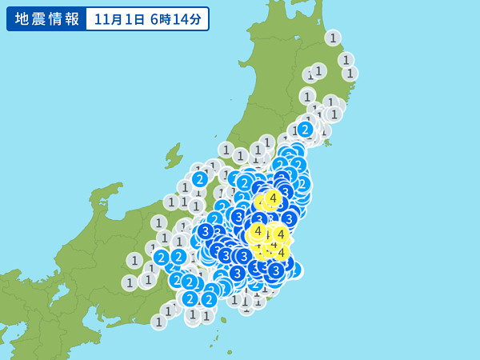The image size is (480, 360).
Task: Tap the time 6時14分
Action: tap(176, 18)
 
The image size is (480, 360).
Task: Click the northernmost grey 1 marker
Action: tap(333, 38)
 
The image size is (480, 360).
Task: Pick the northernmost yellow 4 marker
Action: tap(274, 197)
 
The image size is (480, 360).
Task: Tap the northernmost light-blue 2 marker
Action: tap(305, 129)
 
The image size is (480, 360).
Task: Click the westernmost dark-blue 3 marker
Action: tap(205, 231)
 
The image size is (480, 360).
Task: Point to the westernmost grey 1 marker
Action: tap(130, 282)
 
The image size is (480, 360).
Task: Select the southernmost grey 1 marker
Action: tap(159, 322)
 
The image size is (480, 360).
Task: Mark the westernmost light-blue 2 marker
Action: tap(162, 257)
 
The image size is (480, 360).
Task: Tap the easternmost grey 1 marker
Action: tap(350, 73)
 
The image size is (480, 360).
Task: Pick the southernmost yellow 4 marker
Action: tap(281, 253)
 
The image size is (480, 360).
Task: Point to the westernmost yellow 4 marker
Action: tap(257, 231)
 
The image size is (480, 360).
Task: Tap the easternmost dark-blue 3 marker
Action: tap(289, 218)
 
